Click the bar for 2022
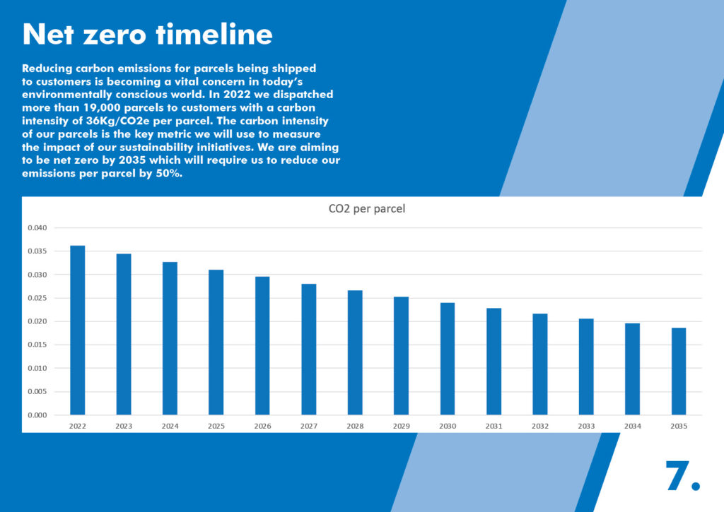point(78,331)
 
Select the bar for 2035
point(679,371)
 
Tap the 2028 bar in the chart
point(355,353)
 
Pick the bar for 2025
point(216,343)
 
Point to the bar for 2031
point(494,362)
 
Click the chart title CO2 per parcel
point(367,208)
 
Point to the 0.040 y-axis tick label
point(37,228)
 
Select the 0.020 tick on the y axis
point(37,321)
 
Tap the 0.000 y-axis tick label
point(37,415)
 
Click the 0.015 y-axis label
point(37,345)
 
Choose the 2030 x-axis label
point(448,427)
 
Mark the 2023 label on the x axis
point(124,427)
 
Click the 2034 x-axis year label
point(633,427)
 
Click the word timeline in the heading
point(214,34)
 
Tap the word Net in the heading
point(48,34)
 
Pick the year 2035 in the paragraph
point(132,160)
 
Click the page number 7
point(682,475)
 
